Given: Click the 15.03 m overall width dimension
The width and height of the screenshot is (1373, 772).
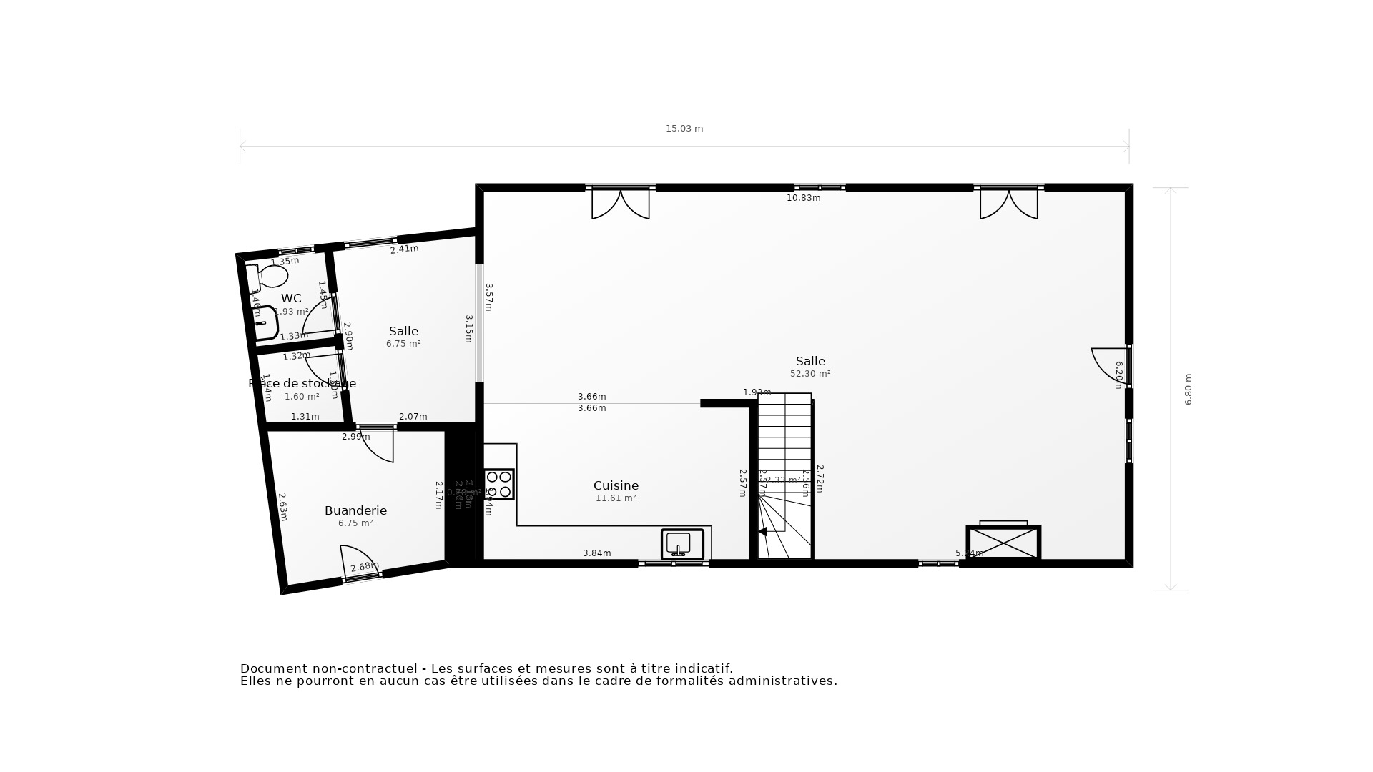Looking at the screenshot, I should click(x=684, y=129).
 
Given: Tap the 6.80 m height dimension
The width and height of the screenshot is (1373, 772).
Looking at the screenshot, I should click(x=1189, y=390).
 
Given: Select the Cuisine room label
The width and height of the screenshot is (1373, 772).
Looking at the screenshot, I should click(x=616, y=486).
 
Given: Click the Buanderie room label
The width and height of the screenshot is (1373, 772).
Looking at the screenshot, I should click(x=355, y=510).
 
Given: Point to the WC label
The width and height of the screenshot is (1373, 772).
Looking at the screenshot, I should click(x=291, y=298).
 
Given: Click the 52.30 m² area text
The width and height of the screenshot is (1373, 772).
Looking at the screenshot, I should click(x=810, y=374).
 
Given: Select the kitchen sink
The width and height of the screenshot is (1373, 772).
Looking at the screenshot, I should click(x=682, y=544).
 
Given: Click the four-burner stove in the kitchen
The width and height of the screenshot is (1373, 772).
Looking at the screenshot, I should click(x=498, y=484).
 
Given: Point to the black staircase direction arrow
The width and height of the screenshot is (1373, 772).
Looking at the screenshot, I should click(x=762, y=531).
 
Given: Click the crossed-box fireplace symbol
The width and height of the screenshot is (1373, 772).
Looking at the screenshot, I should click(x=1003, y=542).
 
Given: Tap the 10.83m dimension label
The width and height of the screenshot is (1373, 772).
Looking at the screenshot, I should click(x=803, y=198).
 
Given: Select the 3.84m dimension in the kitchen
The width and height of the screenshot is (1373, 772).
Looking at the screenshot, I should click(x=597, y=553).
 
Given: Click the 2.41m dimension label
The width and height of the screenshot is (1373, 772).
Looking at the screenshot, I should click(x=404, y=249).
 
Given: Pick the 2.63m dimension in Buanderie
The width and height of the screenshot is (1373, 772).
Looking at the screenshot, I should click(x=282, y=506).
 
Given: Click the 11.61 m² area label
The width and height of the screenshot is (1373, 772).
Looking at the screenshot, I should click(x=616, y=498).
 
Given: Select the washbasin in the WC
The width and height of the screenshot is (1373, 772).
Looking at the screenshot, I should click(x=265, y=322).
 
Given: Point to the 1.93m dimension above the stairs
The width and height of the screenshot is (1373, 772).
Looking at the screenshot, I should click(x=757, y=392).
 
